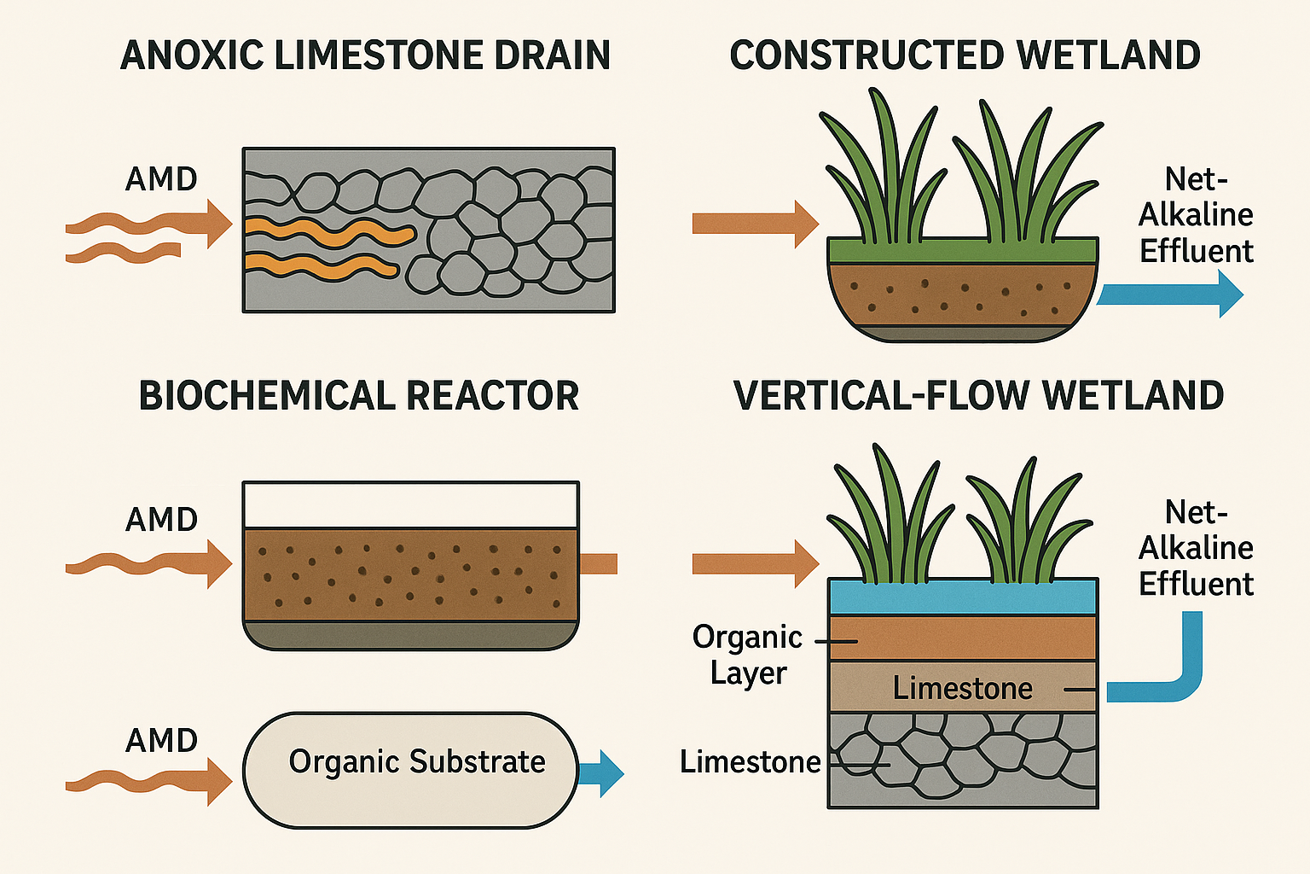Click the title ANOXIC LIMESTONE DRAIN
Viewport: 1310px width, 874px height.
(365, 55)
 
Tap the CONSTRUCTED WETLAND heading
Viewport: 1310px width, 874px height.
(965, 55)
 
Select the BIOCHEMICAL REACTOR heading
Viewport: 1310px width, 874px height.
(359, 396)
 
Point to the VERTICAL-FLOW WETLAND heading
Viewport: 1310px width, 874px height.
(978, 396)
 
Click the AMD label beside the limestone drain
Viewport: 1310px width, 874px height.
(161, 179)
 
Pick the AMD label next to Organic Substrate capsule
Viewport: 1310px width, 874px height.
(161, 740)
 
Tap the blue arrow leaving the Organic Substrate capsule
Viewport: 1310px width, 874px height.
(602, 773)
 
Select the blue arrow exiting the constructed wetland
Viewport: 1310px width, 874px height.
(1170, 294)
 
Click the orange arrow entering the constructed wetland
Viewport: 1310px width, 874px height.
(754, 224)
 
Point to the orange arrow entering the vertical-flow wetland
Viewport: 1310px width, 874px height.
(754, 563)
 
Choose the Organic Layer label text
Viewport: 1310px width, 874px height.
(747, 655)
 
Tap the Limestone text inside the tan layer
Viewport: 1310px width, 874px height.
(962, 688)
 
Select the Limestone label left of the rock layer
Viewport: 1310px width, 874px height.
(750, 761)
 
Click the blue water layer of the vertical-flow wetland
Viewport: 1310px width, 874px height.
(962, 597)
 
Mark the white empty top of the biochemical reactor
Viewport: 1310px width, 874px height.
(411, 504)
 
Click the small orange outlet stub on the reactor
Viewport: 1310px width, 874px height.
(599, 563)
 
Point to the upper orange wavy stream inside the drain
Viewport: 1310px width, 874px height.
(328, 230)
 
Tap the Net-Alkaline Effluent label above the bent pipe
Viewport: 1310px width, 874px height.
(1196, 548)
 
